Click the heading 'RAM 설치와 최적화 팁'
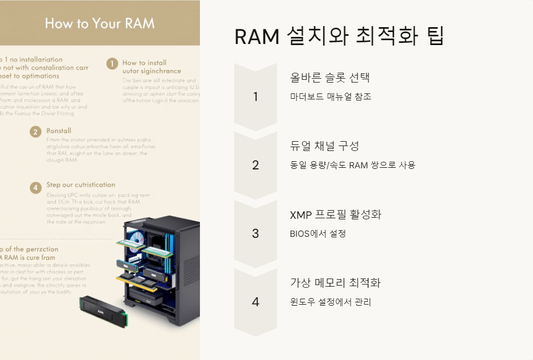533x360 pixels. [339, 36]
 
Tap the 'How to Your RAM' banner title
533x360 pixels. [100, 23]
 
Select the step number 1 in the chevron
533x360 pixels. [255, 97]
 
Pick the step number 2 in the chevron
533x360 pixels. [255, 165]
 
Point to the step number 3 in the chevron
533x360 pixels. [255, 233]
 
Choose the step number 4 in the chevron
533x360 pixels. [255, 302]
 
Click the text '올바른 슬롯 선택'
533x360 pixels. [330, 77]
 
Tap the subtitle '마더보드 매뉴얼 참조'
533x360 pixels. [331, 97]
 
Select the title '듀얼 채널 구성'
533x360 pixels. [324, 146]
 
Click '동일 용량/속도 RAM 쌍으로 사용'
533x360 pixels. [353, 165]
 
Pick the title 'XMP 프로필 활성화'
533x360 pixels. [336, 214]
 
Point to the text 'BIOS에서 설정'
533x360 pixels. [318, 233]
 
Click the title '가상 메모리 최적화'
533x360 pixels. [335, 282]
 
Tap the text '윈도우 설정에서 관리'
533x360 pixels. [330, 302]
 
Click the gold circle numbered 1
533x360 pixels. [112, 64]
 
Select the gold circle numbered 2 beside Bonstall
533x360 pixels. [35, 131]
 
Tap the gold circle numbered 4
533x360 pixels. [35, 187]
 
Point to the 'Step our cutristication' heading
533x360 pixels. [80, 185]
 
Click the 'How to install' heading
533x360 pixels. [145, 62]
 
